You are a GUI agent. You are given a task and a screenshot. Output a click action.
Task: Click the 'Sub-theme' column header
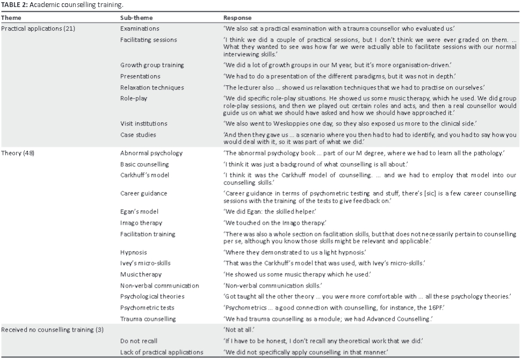pos(135,18)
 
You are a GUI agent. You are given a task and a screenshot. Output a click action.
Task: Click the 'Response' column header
pos(237,18)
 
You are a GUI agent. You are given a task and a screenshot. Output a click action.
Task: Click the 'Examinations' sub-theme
pos(139,28)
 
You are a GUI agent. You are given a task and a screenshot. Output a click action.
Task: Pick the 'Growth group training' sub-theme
pos(152,65)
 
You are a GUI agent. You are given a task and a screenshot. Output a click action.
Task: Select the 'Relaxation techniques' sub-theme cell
pos(152,87)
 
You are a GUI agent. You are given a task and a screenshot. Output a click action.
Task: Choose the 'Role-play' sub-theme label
pos(134,98)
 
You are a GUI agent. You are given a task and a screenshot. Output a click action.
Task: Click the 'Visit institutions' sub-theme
pos(144,123)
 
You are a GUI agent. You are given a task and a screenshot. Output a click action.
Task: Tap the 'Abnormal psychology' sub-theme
pos(151,153)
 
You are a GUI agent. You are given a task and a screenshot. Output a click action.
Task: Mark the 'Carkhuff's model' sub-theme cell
pos(144,175)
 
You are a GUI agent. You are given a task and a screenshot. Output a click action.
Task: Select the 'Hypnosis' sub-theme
pos(133,252)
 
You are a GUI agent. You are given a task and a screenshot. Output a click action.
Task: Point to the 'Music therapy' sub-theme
pos(141,274)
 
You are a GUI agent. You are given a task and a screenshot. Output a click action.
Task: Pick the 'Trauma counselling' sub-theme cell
pos(148,319)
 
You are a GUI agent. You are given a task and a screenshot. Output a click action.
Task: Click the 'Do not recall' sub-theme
pos(139,341)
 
